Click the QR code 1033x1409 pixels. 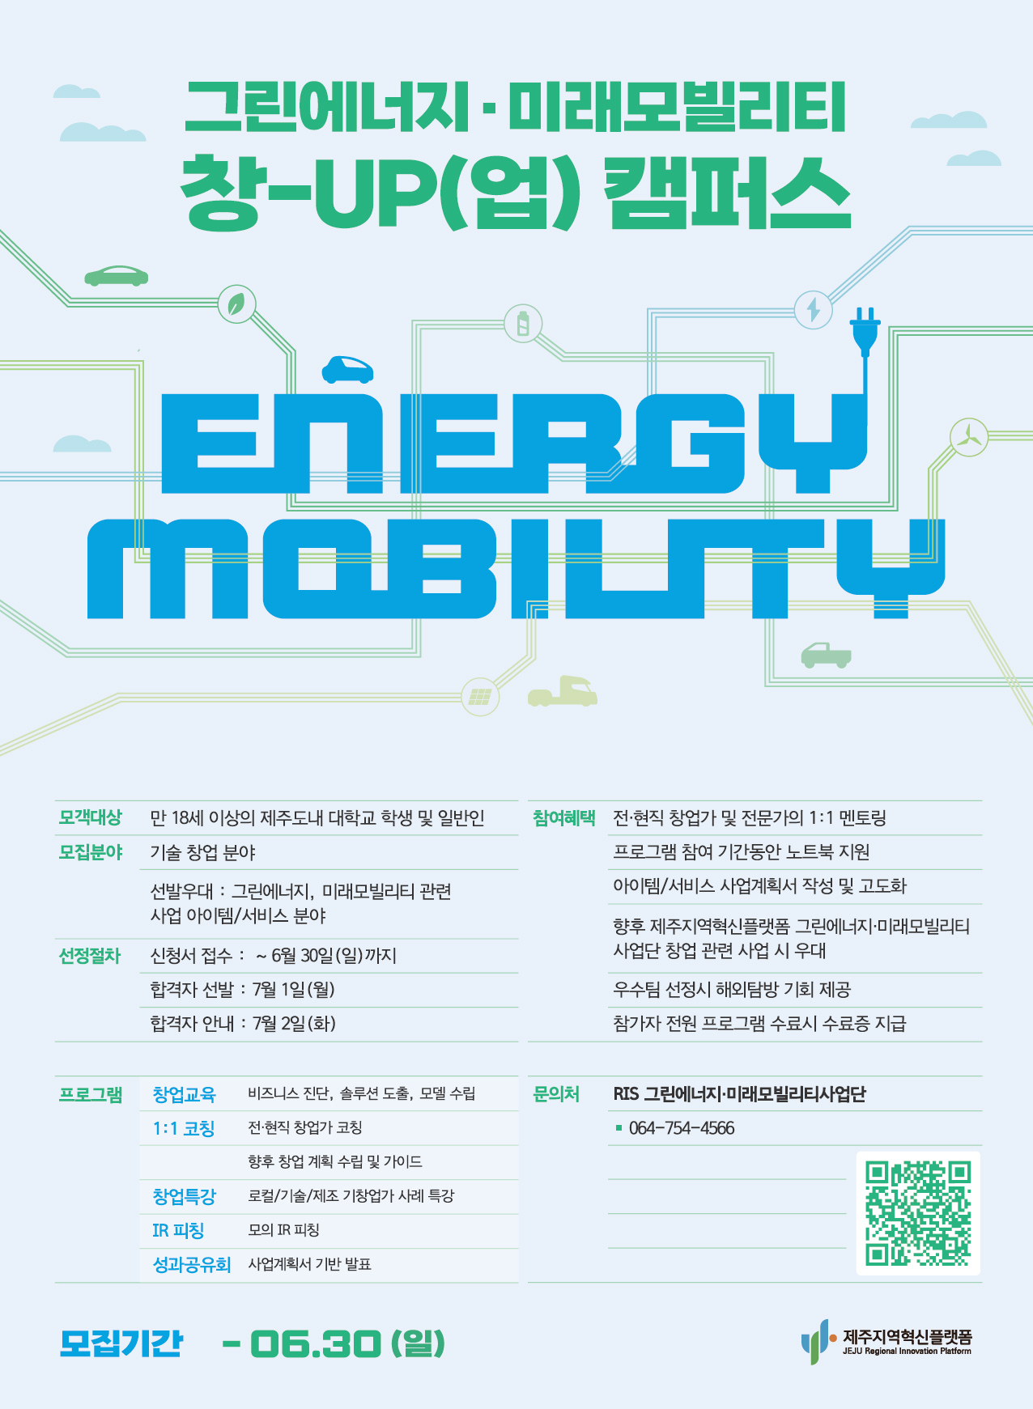click(918, 1213)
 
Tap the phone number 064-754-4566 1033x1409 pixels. click(682, 1128)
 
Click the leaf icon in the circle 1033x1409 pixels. click(236, 304)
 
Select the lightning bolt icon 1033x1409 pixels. click(813, 309)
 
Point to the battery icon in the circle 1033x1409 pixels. click(523, 324)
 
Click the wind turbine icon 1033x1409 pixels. click(968, 436)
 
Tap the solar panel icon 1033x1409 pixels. click(480, 697)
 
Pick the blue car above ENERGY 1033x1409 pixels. click(347, 370)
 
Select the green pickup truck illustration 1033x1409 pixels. click(826, 655)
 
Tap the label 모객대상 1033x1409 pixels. click(90, 817)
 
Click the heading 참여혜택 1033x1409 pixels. click(563, 818)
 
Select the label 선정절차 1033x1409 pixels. click(89, 956)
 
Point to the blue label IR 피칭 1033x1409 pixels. click(178, 1230)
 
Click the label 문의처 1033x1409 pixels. click(556, 1094)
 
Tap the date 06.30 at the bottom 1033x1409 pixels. click(315, 1344)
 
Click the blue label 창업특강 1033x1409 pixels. click(185, 1196)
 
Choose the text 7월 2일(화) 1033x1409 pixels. click(294, 1024)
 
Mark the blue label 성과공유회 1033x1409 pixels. click(192, 1264)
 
